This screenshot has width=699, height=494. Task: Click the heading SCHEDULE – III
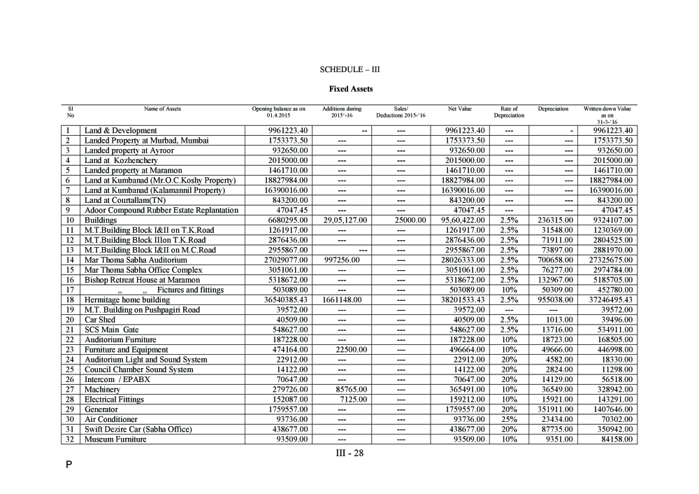[x=349, y=70]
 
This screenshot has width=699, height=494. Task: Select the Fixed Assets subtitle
[x=350, y=89]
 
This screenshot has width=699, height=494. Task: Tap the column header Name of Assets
[x=161, y=109]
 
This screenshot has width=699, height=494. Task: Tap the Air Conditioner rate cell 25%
[x=509, y=420]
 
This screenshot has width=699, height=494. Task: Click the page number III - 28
[x=349, y=453]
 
